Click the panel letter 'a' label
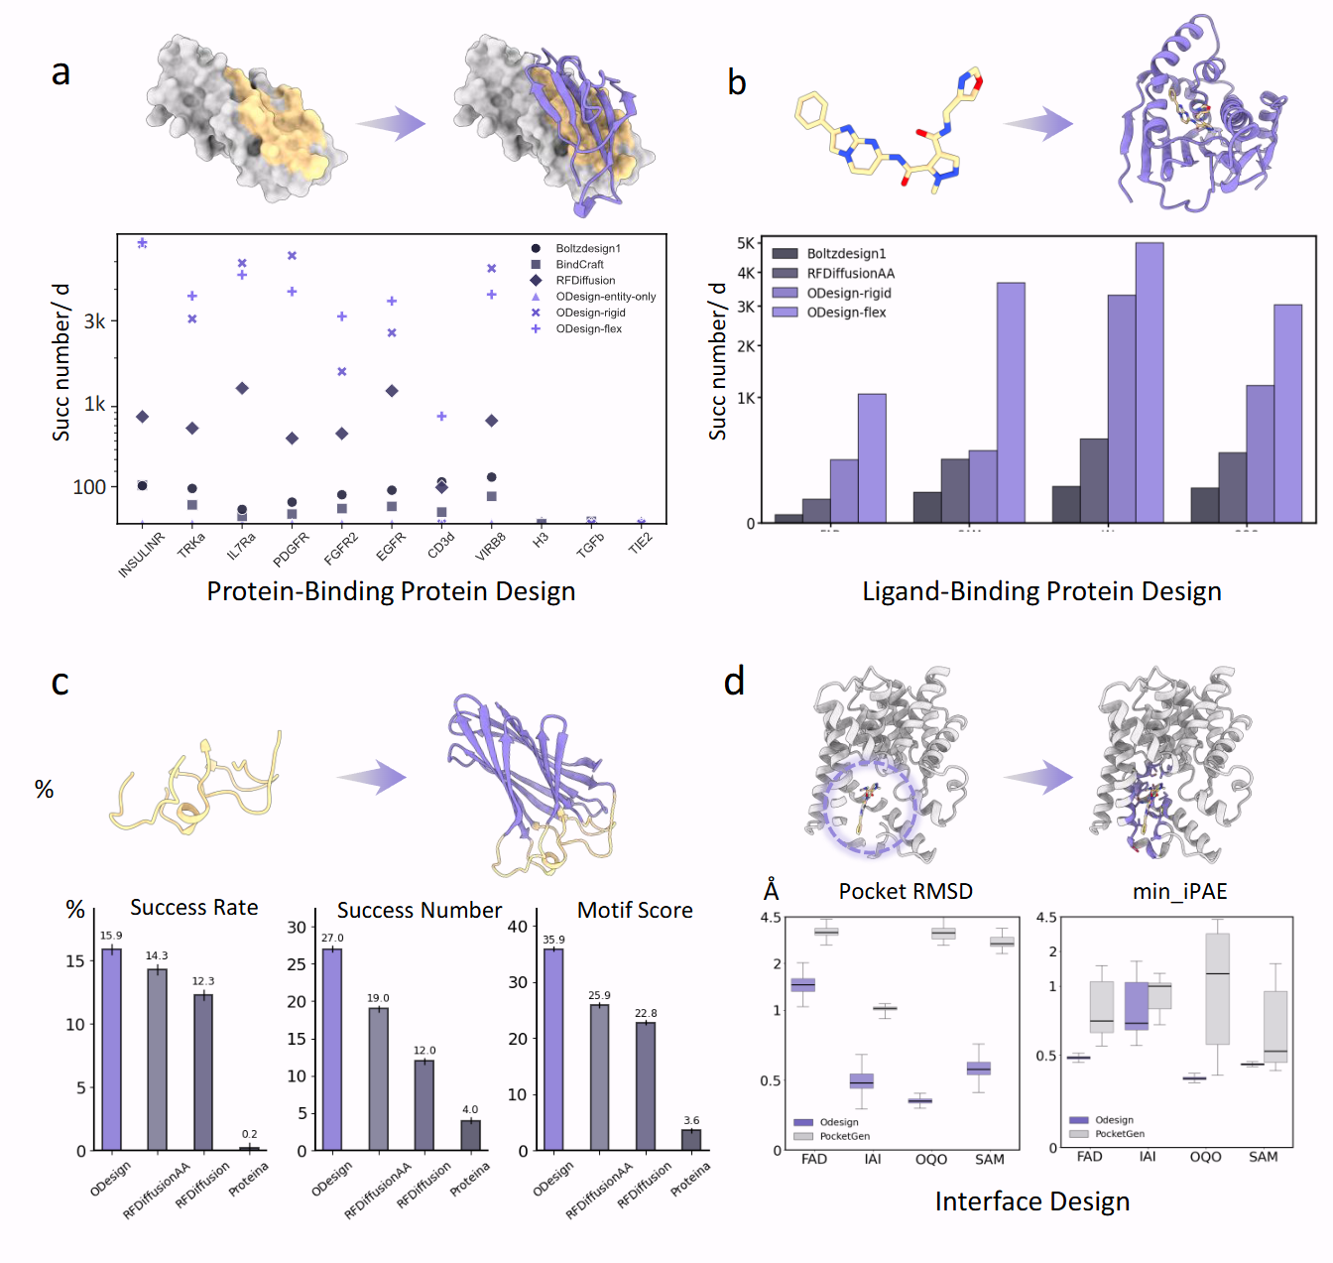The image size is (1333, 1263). [61, 72]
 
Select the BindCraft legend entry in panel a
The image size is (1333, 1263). [579, 265]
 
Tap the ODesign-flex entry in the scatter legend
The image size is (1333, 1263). [588, 328]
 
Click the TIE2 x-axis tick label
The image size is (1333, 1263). [641, 543]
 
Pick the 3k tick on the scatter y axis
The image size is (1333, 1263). [94, 321]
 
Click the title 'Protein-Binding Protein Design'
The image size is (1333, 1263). [391, 591]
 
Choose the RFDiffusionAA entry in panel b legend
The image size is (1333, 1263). [850, 273]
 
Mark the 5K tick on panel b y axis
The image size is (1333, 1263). [746, 243]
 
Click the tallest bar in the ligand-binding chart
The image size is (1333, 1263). [1150, 382]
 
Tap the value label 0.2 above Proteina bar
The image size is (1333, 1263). [249, 1134]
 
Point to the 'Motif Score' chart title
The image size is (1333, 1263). [635, 910]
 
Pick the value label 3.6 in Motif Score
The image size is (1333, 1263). [691, 1120]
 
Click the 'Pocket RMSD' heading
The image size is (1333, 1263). [906, 891]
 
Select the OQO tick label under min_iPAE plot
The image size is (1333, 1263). [1205, 1157]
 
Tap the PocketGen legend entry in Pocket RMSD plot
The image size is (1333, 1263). [844, 1136]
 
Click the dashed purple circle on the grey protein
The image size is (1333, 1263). [870, 806]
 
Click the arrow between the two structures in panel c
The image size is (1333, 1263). [372, 778]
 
